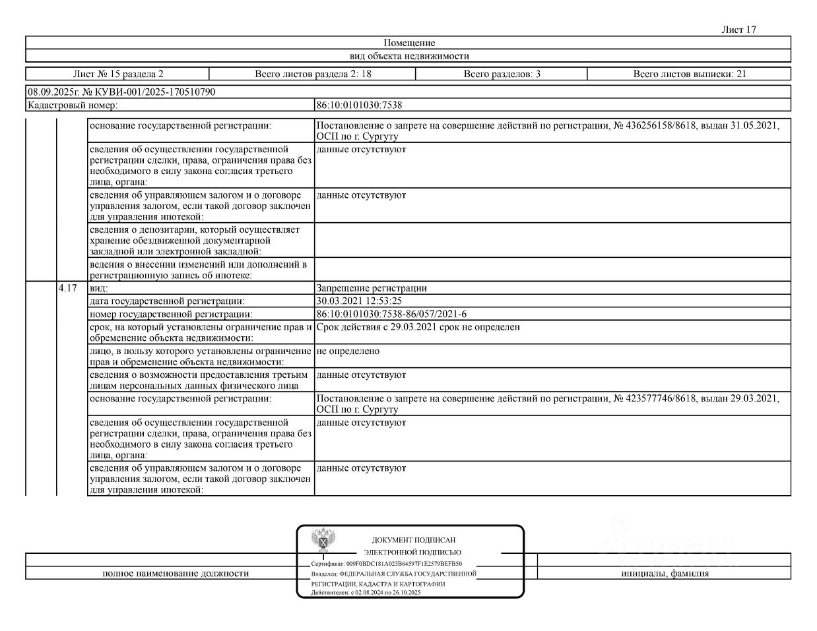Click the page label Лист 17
point(738,30)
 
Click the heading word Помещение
point(408,43)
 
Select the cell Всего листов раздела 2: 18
point(313,74)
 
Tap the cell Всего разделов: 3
point(502,74)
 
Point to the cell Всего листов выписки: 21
point(689,74)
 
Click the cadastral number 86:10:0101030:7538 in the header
point(359,105)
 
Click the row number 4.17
point(68,288)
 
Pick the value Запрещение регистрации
point(372,288)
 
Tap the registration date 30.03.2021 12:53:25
point(359,301)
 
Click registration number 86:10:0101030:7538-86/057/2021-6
point(391,314)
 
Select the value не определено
point(348,351)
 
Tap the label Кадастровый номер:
point(73,105)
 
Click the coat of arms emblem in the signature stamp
point(324,540)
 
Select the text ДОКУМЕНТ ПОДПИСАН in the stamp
point(414,540)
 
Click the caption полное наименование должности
point(176,574)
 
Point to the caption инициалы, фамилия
point(665,574)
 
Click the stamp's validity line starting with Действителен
point(366,593)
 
